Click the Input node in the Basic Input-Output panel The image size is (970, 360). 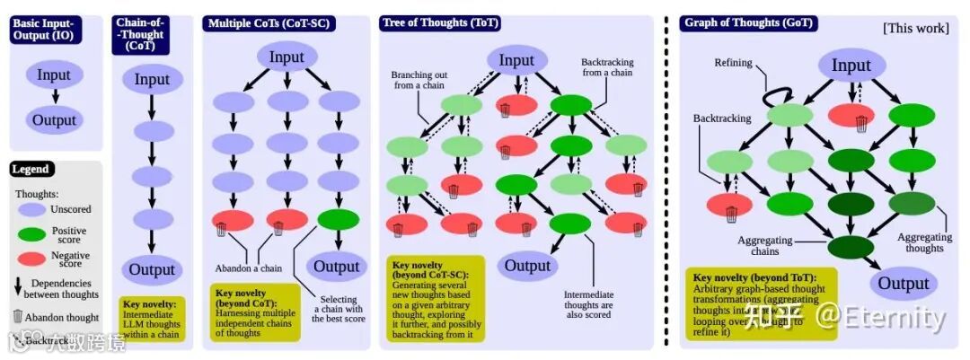54,74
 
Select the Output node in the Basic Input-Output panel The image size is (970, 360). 54,120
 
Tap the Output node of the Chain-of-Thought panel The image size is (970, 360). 152,269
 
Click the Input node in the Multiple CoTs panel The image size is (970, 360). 287,57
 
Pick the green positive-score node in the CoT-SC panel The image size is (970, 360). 338,219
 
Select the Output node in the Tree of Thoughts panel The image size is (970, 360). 527,265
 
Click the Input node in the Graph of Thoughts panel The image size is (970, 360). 851,65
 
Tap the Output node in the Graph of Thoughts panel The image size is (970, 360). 903,284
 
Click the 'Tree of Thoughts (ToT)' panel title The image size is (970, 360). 441,22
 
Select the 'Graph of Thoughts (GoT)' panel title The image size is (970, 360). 750,22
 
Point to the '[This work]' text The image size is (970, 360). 915,28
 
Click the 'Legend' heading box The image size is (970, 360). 31,169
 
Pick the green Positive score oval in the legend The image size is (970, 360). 32,235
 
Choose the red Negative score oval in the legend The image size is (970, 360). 32,259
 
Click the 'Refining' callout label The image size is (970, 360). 733,63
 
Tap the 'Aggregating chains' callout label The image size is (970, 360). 764,247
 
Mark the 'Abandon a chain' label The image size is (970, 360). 249,268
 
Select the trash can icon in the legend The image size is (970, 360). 18,315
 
